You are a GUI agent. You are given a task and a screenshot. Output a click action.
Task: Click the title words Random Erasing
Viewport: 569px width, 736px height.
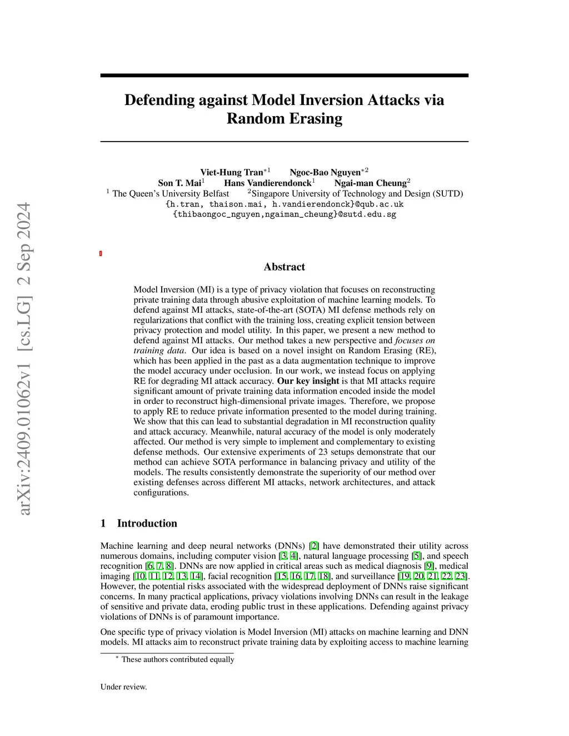point(284,119)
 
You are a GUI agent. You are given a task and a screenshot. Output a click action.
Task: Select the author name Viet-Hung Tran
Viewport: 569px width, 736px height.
point(231,172)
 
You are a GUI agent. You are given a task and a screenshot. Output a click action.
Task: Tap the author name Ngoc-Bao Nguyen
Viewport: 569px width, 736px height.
point(325,172)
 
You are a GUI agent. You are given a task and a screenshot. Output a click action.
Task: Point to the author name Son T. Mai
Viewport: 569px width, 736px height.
point(179,183)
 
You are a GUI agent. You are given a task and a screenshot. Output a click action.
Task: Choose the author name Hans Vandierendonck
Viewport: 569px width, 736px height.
point(267,183)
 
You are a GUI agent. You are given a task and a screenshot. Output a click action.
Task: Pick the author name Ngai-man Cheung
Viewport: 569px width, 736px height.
point(370,183)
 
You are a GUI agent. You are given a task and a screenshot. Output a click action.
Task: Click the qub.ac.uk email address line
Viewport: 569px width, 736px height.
point(284,204)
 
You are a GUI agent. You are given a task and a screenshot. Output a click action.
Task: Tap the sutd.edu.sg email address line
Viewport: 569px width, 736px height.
point(284,214)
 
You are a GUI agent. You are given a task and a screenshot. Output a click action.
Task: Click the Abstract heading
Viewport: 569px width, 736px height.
point(284,267)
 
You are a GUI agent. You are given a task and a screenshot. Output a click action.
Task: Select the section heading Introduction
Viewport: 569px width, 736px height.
point(147,523)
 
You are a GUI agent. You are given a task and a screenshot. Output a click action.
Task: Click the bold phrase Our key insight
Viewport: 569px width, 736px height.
point(308,381)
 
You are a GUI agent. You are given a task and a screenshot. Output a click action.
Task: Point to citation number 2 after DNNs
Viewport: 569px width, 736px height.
point(314,546)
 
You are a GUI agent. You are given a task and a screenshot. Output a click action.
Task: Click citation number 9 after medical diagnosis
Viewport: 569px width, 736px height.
point(429,566)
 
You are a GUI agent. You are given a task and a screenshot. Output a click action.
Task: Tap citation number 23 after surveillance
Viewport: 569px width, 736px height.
point(461,576)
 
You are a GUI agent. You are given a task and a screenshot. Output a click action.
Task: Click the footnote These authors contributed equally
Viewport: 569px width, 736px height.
point(177,659)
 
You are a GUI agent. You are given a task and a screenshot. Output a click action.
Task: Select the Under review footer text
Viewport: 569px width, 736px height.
point(124,687)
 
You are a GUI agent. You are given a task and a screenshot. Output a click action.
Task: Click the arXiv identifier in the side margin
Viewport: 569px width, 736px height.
point(24,358)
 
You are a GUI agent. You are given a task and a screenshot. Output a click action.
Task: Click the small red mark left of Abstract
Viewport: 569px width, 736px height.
point(101,254)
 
